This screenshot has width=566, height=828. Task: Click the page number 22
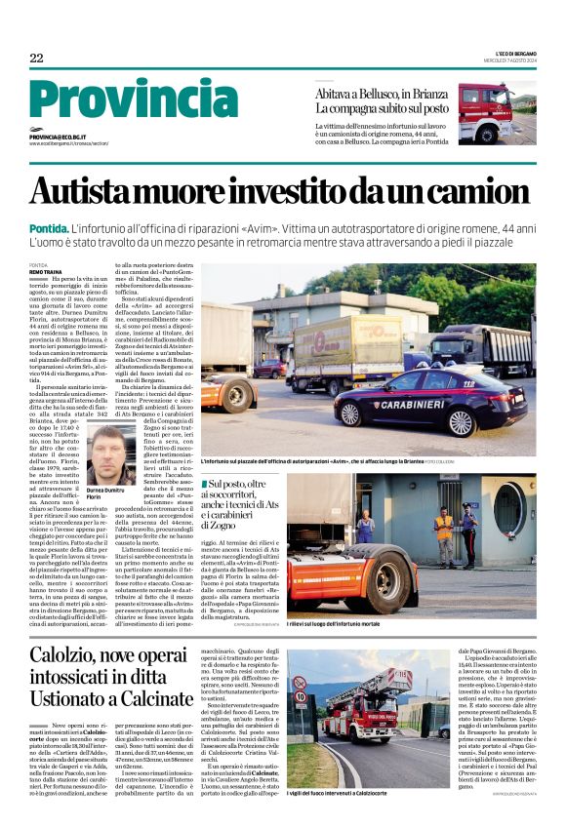click(x=36, y=58)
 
